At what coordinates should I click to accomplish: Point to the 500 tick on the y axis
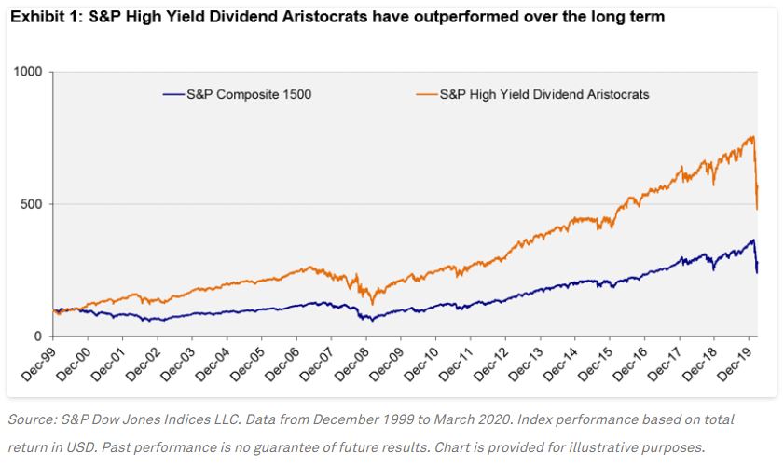coord(34,204)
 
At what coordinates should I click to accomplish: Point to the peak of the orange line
coord(751,137)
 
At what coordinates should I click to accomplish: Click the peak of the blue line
coord(752,240)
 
